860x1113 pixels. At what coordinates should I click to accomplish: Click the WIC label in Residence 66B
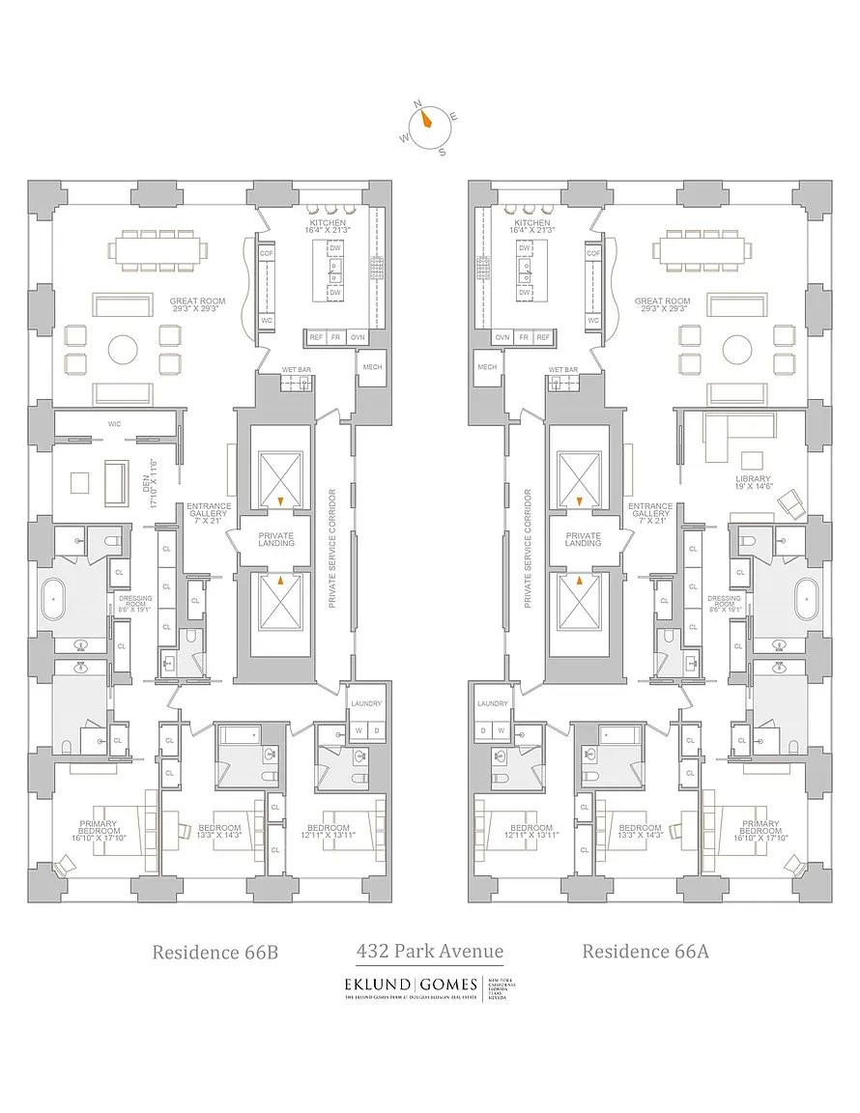pos(113,423)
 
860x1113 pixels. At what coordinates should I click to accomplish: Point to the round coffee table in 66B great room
pos(123,349)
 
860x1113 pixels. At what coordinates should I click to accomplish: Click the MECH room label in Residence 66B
pos(372,367)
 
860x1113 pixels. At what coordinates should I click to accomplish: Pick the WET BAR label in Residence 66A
pos(562,370)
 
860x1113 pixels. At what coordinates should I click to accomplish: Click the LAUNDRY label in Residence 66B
pos(366,704)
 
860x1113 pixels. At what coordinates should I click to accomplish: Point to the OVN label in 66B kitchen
pos(358,337)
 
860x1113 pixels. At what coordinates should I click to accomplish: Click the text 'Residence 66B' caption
pos(215,952)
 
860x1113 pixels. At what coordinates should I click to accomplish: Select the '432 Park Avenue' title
pos(429,951)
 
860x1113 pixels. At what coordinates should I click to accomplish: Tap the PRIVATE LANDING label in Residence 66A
pos(583,539)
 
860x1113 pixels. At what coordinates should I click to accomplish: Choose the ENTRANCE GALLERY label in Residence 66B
pos(209,511)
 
